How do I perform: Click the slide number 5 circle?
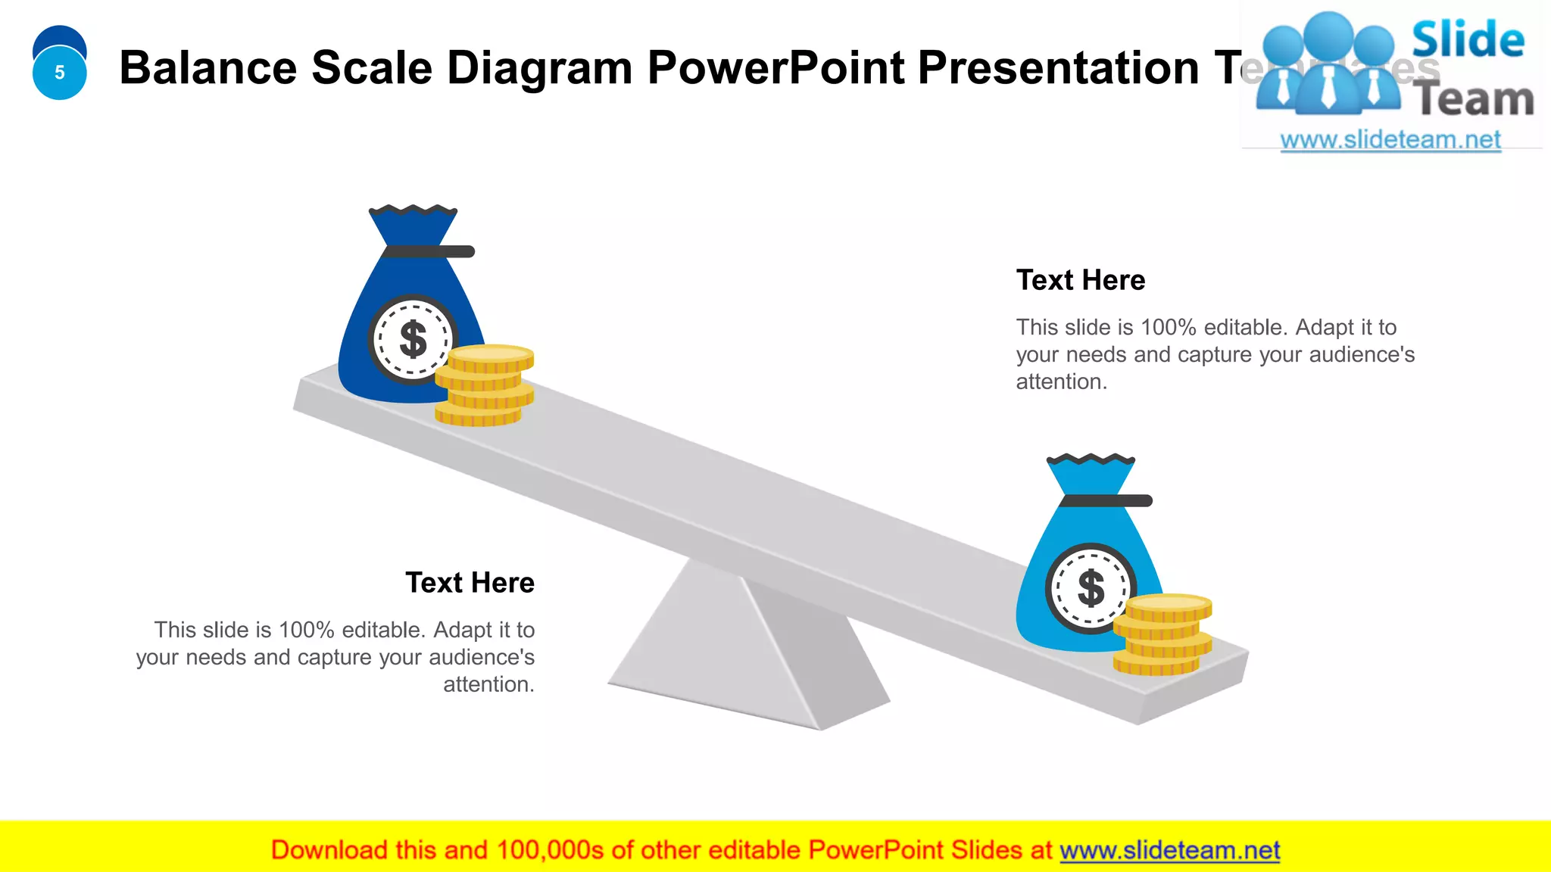point(59,73)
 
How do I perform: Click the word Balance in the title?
point(208,68)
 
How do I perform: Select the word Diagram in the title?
point(539,68)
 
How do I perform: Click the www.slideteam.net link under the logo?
point(1390,140)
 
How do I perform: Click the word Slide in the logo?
point(1468,41)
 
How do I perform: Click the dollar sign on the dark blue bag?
point(413,339)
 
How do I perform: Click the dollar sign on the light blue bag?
point(1091,588)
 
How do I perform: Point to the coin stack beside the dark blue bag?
point(484,386)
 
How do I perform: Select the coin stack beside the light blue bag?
point(1162,635)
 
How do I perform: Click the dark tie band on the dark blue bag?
point(429,251)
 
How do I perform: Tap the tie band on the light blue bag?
point(1106,500)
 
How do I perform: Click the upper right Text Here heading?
point(1080,280)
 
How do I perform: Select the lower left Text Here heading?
point(470,583)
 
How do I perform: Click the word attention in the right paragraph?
point(1059,382)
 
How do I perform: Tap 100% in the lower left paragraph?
point(306,630)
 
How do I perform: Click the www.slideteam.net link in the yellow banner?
point(1169,851)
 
